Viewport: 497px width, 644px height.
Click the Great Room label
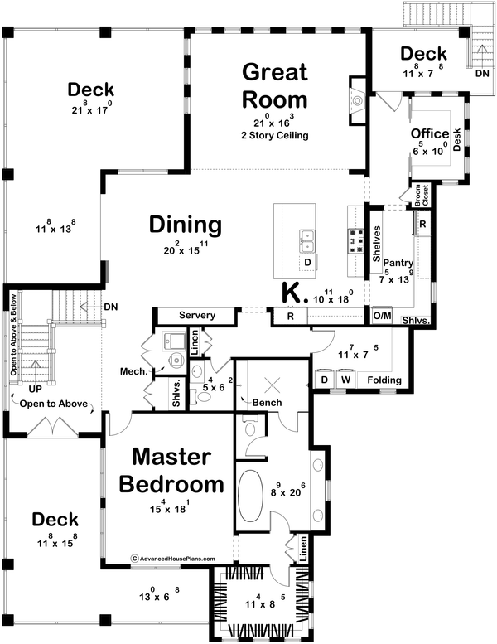click(x=274, y=86)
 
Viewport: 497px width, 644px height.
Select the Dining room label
click(x=186, y=225)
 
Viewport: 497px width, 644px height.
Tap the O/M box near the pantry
click(x=382, y=316)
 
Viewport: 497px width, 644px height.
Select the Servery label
click(x=196, y=316)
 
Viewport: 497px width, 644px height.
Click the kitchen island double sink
click(x=307, y=240)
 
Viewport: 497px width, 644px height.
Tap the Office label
click(x=430, y=133)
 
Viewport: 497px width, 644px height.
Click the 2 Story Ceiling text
click(x=274, y=135)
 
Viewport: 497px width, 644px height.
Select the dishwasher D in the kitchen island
click(x=307, y=264)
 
